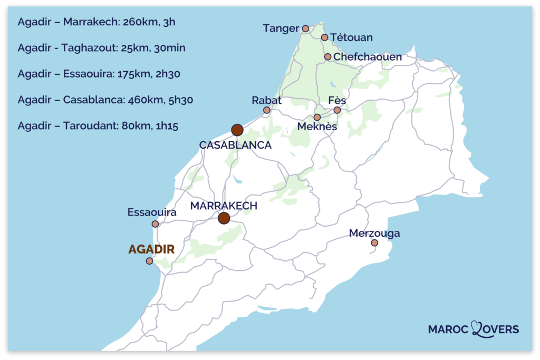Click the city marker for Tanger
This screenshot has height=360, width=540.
pyautogui.click(x=305, y=28)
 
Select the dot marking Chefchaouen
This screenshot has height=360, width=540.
pyautogui.click(x=328, y=57)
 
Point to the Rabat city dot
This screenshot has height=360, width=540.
pyautogui.click(x=267, y=110)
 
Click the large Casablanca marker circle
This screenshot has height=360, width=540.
pyautogui.click(x=237, y=130)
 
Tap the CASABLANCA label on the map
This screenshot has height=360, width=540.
pyautogui.click(x=235, y=145)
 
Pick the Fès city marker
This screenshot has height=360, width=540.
pyautogui.click(x=337, y=110)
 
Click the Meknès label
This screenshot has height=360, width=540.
pyautogui.click(x=317, y=127)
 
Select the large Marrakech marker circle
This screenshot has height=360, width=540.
pyautogui.click(x=224, y=218)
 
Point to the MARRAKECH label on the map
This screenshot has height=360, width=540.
pyautogui.click(x=224, y=206)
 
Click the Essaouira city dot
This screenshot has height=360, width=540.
pyautogui.click(x=155, y=224)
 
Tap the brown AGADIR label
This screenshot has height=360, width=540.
pyautogui.click(x=151, y=249)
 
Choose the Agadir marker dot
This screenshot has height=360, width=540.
pyautogui.click(x=149, y=261)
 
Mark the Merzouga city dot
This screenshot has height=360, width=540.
pyautogui.click(x=374, y=243)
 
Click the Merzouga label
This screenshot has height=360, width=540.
pyautogui.click(x=374, y=233)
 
